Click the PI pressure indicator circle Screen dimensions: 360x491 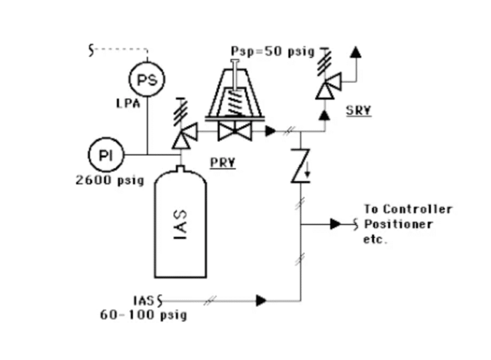coord(105,155)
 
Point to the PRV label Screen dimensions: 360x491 coord(222,162)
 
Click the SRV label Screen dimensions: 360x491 coord(359,110)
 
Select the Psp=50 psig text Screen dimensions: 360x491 coord(273,51)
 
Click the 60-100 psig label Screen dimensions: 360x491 coord(143,315)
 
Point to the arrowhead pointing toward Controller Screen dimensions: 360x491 coord(336,224)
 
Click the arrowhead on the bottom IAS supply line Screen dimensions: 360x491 coord(261,299)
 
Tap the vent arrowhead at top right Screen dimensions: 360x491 coord(355,52)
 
